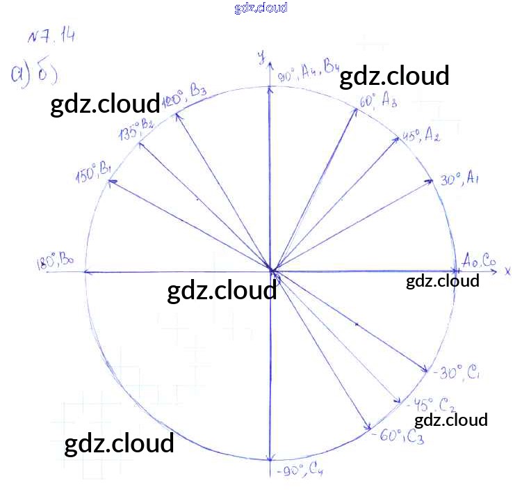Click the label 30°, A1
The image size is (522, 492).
(x=461, y=180)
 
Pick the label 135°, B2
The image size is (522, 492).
(x=136, y=128)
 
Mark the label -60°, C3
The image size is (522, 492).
(x=399, y=436)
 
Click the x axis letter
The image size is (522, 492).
(x=508, y=269)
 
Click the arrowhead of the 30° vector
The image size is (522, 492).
(x=431, y=181)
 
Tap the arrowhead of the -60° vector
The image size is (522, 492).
(x=366, y=426)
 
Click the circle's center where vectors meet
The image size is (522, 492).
(x=270, y=270)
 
